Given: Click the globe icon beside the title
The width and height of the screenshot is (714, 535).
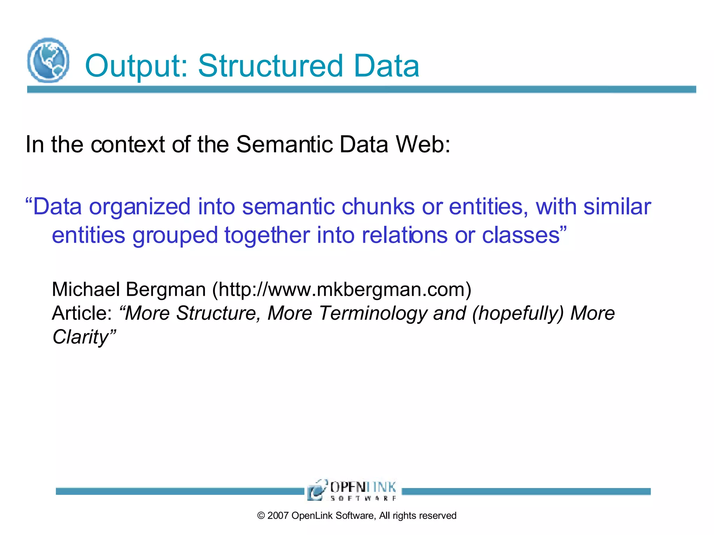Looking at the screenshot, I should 48,60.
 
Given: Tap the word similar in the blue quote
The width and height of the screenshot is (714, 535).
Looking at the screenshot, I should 617,207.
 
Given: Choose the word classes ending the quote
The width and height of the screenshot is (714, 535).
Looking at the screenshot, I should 521,235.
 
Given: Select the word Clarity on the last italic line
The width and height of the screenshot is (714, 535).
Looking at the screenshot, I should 81,337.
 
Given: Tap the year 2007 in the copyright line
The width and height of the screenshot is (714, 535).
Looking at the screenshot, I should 278,516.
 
